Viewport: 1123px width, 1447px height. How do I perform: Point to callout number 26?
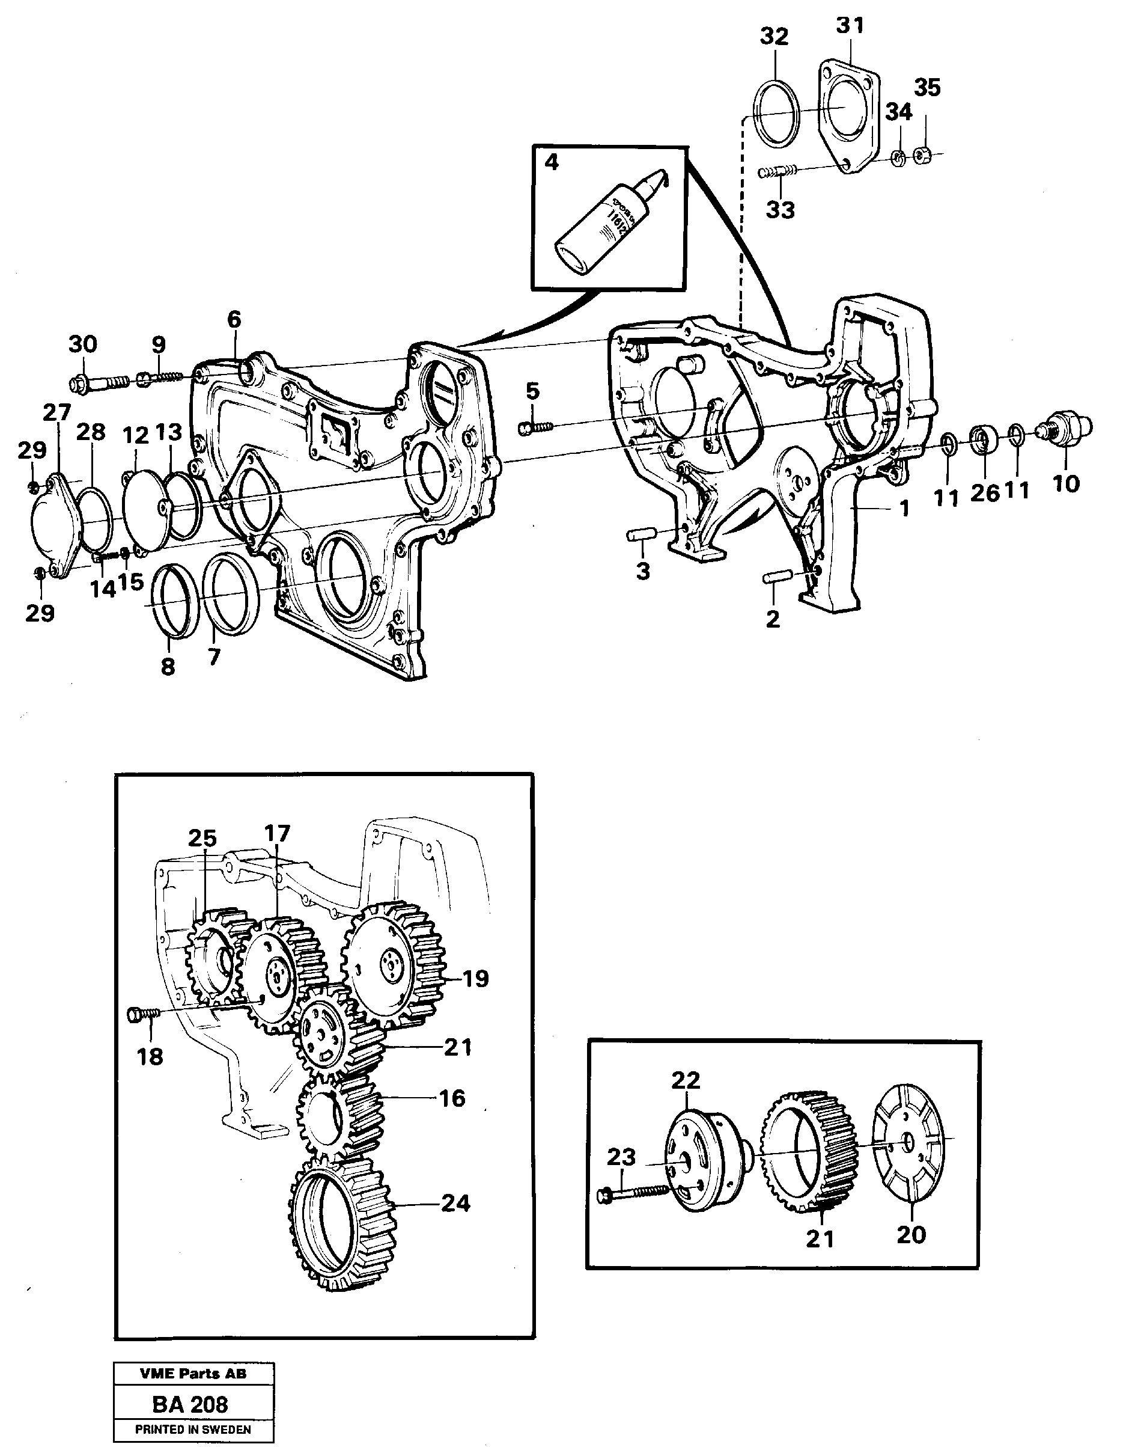(x=984, y=493)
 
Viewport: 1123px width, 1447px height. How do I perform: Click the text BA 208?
(x=190, y=1404)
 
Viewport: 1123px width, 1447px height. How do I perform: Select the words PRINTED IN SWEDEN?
(x=193, y=1429)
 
